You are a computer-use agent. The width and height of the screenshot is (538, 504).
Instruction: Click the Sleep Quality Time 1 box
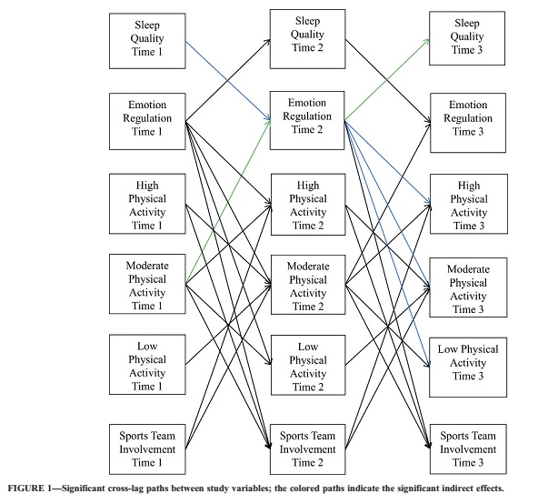147,41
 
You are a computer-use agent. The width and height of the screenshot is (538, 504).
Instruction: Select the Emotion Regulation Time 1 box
147,121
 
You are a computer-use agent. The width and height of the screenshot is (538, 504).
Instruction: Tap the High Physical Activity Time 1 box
147,204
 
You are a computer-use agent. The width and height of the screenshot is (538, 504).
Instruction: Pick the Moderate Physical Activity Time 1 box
147,284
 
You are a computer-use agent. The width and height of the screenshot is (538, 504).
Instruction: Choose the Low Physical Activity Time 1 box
147,365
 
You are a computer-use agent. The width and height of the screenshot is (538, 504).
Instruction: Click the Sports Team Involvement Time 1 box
147,449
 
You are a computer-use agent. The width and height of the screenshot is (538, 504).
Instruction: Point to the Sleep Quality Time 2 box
307,39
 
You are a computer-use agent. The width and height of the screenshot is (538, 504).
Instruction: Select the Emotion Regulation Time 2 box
307,120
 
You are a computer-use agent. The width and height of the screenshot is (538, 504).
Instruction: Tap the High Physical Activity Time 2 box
308,205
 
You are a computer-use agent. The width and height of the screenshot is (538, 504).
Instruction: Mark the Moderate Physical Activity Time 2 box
308,285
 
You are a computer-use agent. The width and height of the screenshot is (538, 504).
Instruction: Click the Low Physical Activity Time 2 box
308,365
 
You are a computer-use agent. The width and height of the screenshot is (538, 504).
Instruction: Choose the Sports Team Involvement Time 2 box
307,449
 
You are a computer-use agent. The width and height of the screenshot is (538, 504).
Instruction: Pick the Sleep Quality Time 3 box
467,38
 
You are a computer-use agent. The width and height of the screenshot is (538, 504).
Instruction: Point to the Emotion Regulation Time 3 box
468,123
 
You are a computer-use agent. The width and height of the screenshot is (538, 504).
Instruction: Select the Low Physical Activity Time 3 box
468,368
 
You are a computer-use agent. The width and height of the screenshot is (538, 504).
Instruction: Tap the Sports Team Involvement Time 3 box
468,449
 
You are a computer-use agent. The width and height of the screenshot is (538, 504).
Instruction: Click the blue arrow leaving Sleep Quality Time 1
228,81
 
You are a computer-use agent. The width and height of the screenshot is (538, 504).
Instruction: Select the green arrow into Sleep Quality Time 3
387,80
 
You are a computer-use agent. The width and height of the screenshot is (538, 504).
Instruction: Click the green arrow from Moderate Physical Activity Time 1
228,202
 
